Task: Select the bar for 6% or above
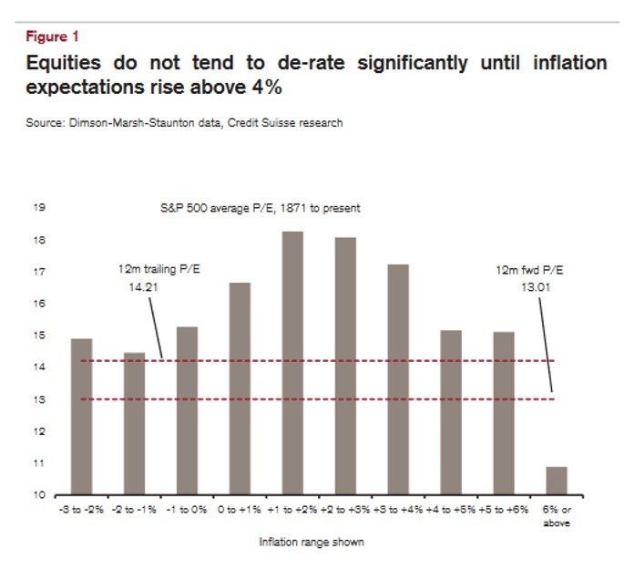tap(556, 481)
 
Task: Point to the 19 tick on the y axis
tap(39, 208)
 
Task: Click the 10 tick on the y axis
tap(39, 495)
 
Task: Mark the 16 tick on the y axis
tap(39, 304)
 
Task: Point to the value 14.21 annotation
tap(144, 286)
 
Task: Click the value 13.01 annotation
tap(532, 286)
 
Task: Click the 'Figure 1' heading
tap(52, 36)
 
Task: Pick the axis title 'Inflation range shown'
tap(312, 542)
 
